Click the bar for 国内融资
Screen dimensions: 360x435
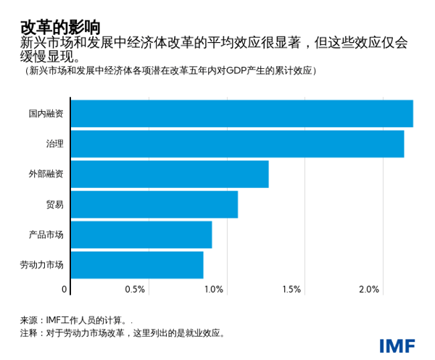pyautogui.click(x=242, y=114)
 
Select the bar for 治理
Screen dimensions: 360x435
pyautogui.click(x=238, y=144)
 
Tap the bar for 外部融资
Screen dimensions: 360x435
pyautogui.click(x=170, y=174)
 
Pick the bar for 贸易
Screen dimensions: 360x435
pyautogui.click(x=154, y=204)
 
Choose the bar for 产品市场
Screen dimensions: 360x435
pyautogui.click(x=142, y=234)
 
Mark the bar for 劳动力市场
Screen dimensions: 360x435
pyautogui.click(x=138, y=264)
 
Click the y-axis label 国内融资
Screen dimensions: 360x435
pyautogui.click(x=46, y=114)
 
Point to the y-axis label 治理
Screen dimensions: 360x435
pyautogui.click(x=54, y=144)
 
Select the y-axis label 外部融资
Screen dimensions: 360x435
pyautogui.click(x=46, y=174)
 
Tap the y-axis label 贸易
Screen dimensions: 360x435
pyautogui.click(x=54, y=204)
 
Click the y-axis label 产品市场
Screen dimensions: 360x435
pyautogui.click(x=46, y=234)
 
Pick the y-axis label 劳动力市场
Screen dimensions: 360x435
pyautogui.click(x=42, y=264)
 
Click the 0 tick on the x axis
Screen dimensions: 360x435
pyautogui.click(x=65, y=290)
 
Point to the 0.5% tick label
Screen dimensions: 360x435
pyautogui.click(x=136, y=290)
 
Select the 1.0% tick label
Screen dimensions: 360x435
pyautogui.click(x=213, y=290)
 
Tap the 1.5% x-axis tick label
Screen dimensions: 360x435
pyautogui.click(x=291, y=290)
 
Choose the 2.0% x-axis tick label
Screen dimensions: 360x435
pyautogui.click(x=369, y=290)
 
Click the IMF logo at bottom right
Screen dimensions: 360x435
pyautogui.click(x=397, y=345)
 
